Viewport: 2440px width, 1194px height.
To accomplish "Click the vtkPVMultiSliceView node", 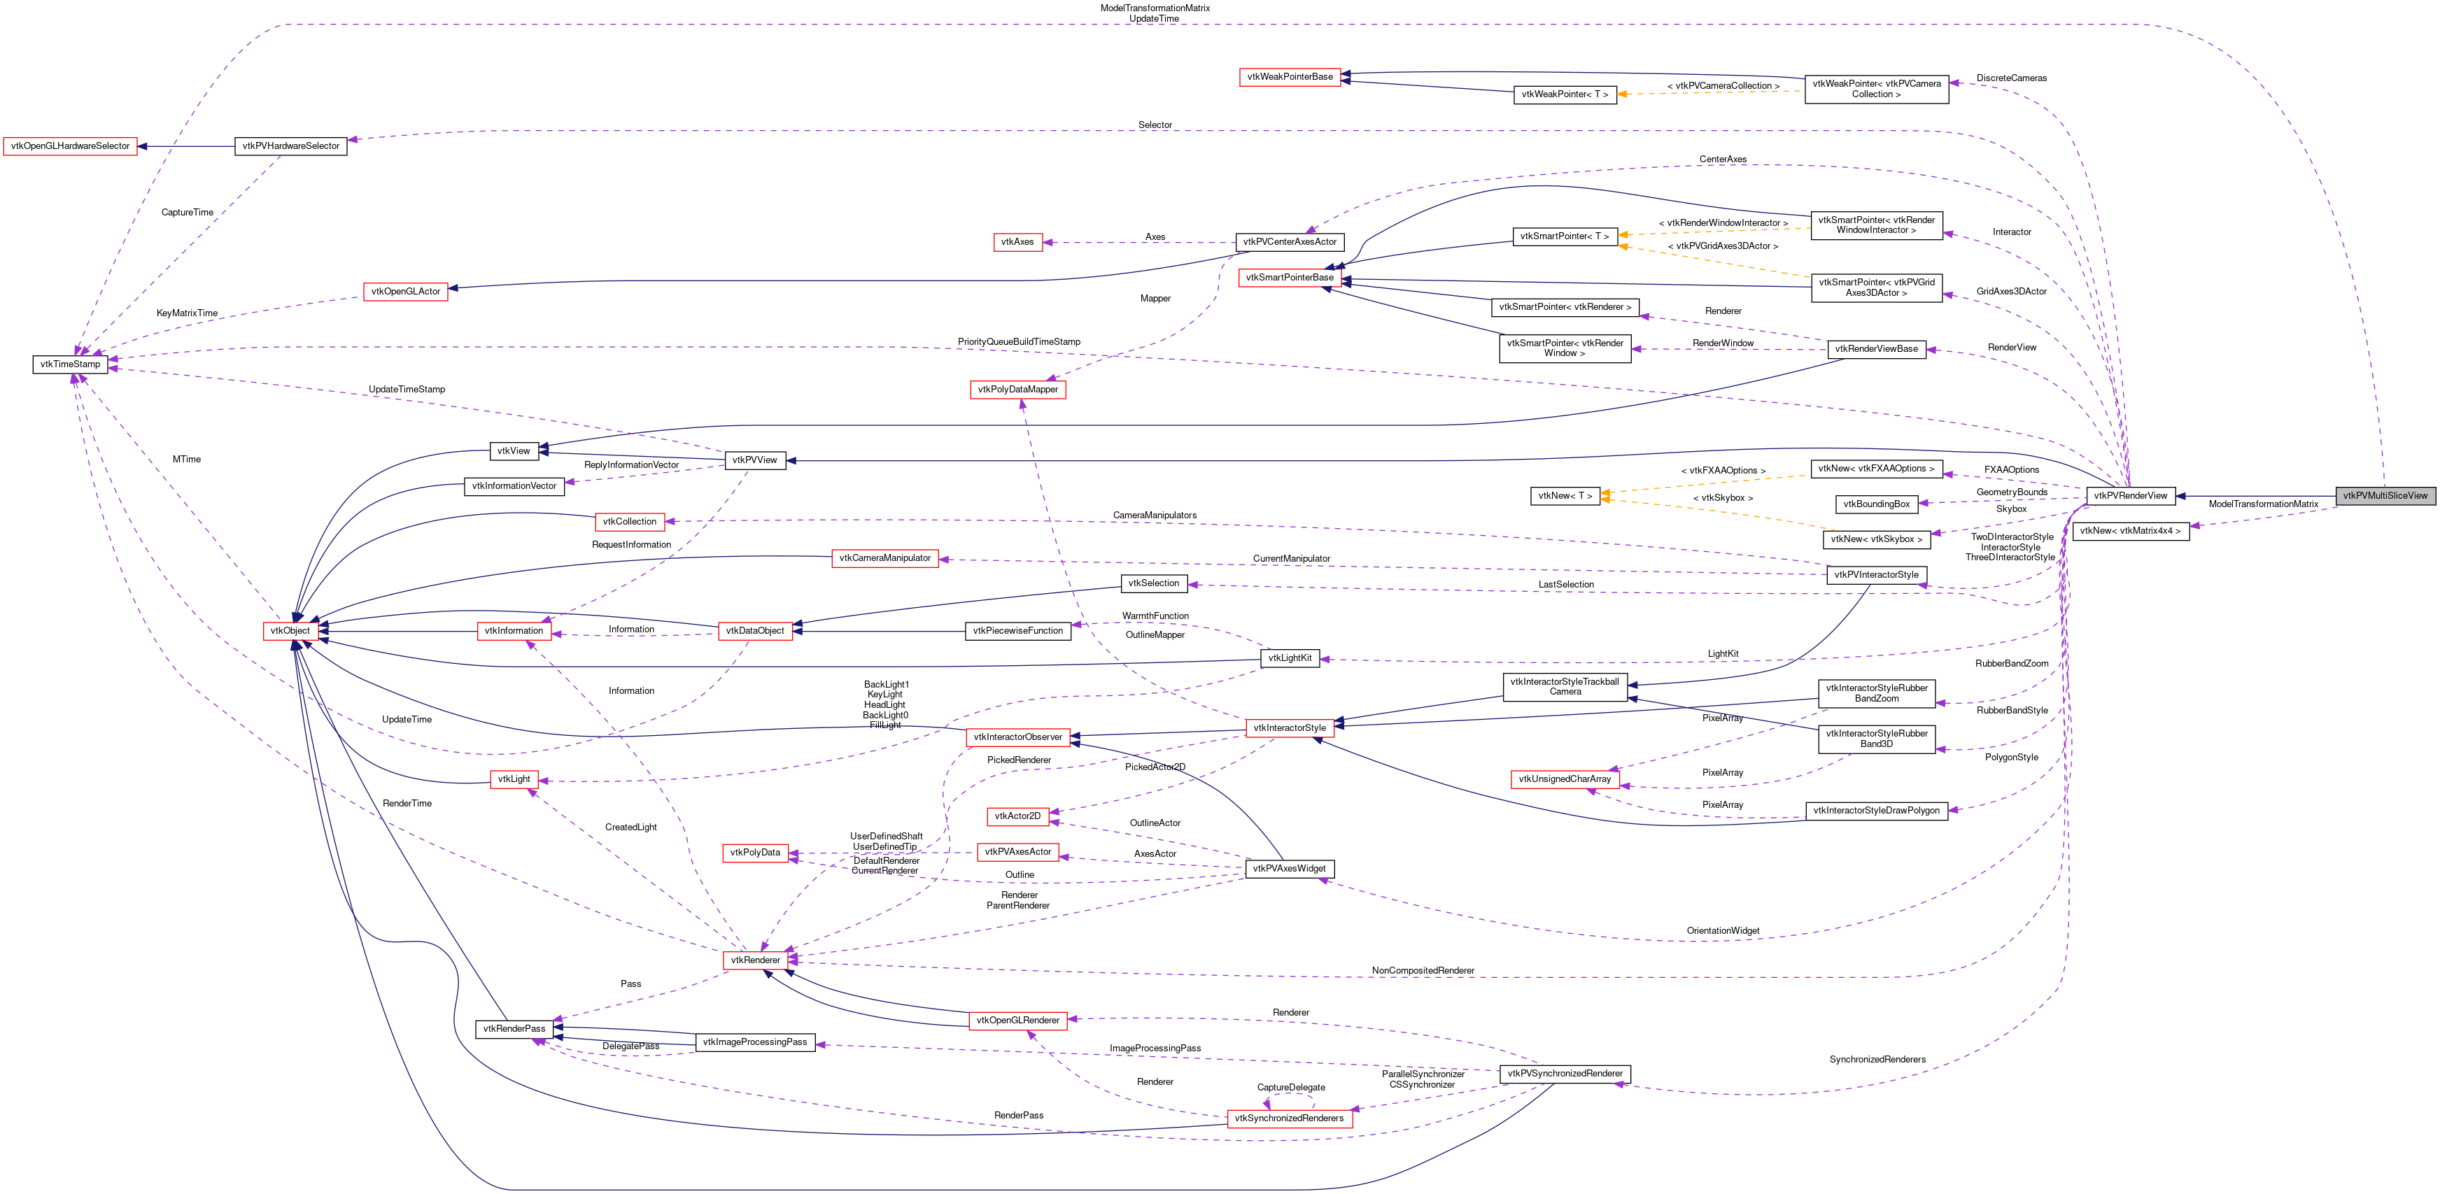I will (2385, 495).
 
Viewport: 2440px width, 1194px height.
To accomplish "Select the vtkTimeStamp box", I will (70, 364).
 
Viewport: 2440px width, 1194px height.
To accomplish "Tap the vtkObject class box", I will (290, 631).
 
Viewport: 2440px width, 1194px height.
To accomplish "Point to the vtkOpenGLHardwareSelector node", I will (70, 145).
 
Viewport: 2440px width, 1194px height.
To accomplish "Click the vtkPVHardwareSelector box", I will (291, 145).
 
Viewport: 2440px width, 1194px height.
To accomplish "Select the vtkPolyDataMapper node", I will (1017, 389).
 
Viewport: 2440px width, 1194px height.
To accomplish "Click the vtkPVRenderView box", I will (2130, 495).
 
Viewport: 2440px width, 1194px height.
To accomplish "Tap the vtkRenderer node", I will (755, 960).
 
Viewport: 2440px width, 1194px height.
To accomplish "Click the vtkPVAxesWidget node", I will (1289, 868).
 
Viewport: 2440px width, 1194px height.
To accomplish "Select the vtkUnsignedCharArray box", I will (1565, 779).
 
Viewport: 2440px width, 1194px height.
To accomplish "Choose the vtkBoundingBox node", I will (1877, 504).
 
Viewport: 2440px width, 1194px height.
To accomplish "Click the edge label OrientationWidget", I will (1723, 931).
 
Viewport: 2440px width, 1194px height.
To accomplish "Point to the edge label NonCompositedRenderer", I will (1423, 971).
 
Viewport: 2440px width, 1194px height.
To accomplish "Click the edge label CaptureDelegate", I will (1291, 1087).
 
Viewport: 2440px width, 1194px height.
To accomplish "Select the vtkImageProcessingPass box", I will (755, 1042).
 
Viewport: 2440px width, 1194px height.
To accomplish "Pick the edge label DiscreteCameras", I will (2012, 78).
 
